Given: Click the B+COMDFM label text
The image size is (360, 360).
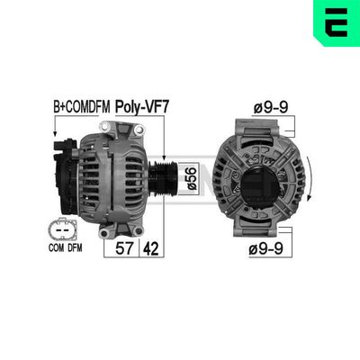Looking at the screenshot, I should [x=80, y=106].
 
